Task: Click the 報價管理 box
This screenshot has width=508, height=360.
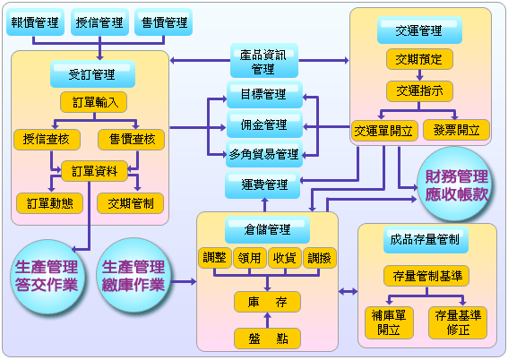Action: tap(35, 22)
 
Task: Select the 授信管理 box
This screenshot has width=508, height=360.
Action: tap(99, 22)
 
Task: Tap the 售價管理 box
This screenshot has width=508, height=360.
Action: tap(164, 22)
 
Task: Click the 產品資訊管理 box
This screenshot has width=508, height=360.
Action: tap(264, 61)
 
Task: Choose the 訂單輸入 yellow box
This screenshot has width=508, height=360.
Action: tap(94, 102)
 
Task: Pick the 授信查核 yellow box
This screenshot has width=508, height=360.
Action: tap(47, 140)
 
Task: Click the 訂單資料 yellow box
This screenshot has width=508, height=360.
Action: tap(94, 171)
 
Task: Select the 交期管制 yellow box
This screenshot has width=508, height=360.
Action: tap(130, 203)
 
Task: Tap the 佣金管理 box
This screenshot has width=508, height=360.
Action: tap(264, 124)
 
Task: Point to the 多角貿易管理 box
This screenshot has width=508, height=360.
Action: tap(264, 154)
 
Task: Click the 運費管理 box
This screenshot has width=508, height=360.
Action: tap(263, 184)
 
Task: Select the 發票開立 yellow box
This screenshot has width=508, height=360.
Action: tap(456, 130)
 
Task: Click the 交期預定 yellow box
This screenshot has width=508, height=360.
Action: tap(419, 59)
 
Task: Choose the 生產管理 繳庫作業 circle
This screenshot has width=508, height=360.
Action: tap(133, 276)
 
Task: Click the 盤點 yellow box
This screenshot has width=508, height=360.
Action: tap(267, 339)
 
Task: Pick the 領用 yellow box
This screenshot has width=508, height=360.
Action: tap(250, 258)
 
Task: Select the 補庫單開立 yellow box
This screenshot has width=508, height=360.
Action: tap(389, 322)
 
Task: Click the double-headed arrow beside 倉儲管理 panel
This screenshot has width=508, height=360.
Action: tap(348, 292)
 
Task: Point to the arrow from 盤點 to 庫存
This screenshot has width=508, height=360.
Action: tap(267, 320)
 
